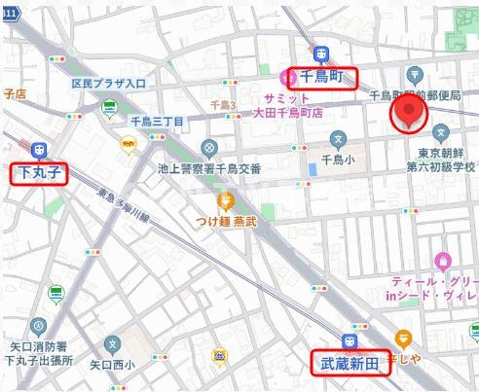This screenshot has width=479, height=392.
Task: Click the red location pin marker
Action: click(x=409, y=112)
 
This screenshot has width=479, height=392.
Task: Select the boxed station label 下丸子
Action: click(x=40, y=174)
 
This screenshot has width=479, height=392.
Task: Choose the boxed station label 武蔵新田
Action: click(x=350, y=364)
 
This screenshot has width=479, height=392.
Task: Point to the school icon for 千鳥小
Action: click(x=338, y=139)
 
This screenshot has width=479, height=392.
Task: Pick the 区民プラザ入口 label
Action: click(x=108, y=84)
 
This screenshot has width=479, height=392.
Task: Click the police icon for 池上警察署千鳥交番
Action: click(x=209, y=149)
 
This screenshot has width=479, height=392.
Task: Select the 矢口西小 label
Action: click(x=112, y=366)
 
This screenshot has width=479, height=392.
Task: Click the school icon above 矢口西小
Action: click(x=114, y=343)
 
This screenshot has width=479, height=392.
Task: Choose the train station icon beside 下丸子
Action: click(x=40, y=150)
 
